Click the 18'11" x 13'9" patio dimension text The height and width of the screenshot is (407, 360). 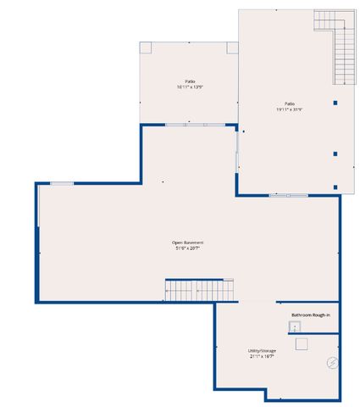[x=191, y=87]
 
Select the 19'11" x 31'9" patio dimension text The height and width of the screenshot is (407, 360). [x=289, y=109]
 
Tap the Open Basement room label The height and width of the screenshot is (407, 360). [x=188, y=243]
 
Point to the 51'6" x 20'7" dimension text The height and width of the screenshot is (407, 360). [x=188, y=248]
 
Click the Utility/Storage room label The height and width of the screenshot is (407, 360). [x=262, y=350]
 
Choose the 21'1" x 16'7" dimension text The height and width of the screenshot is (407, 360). [x=262, y=356]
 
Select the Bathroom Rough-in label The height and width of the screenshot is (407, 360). [x=309, y=315]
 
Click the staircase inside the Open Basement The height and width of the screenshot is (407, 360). [x=199, y=290]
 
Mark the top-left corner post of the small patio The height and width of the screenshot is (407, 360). [x=146, y=47]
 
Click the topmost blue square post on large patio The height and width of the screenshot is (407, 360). [x=336, y=103]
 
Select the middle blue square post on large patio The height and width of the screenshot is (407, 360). [x=336, y=154]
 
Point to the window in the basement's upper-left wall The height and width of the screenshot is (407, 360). [x=62, y=182]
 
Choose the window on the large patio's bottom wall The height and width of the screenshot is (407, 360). [x=289, y=196]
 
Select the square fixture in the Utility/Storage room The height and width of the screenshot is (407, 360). [x=300, y=343]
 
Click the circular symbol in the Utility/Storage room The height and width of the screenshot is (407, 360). [x=331, y=363]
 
